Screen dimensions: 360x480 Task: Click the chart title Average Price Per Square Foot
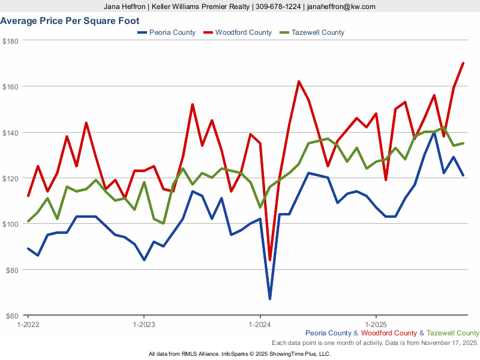click(70, 21)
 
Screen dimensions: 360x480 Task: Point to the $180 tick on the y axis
click(11, 41)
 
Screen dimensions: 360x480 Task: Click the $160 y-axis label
click(11, 86)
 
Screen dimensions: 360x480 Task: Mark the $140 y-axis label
click(11, 133)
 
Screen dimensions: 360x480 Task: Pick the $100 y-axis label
click(11, 224)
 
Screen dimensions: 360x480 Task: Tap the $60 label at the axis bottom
click(11, 316)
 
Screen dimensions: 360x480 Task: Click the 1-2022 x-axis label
click(28, 323)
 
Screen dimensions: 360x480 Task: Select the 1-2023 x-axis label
click(143, 323)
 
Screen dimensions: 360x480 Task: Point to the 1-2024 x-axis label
click(260, 323)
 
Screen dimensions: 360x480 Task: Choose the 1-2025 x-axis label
click(376, 323)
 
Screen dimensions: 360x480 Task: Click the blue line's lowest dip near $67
click(270, 299)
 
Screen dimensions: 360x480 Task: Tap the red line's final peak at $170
click(463, 63)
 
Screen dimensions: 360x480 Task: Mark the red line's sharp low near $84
click(270, 260)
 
